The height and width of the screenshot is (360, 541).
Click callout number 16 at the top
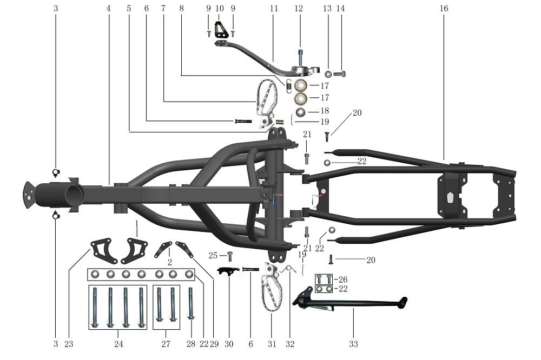click(x=445, y=9)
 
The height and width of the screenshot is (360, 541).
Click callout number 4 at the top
click(x=109, y=9)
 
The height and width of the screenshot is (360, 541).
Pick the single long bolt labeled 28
click(x=190, y=305)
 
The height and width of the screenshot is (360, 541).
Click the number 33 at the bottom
click(x=353, y=344)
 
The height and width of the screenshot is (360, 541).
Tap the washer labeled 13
click(x=328, y=74)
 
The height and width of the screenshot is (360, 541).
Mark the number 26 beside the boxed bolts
click(x=342, y=279)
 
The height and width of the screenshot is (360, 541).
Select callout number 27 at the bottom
click(x=166, y=344)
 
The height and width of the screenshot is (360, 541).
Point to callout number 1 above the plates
click(x=137, y=223)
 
